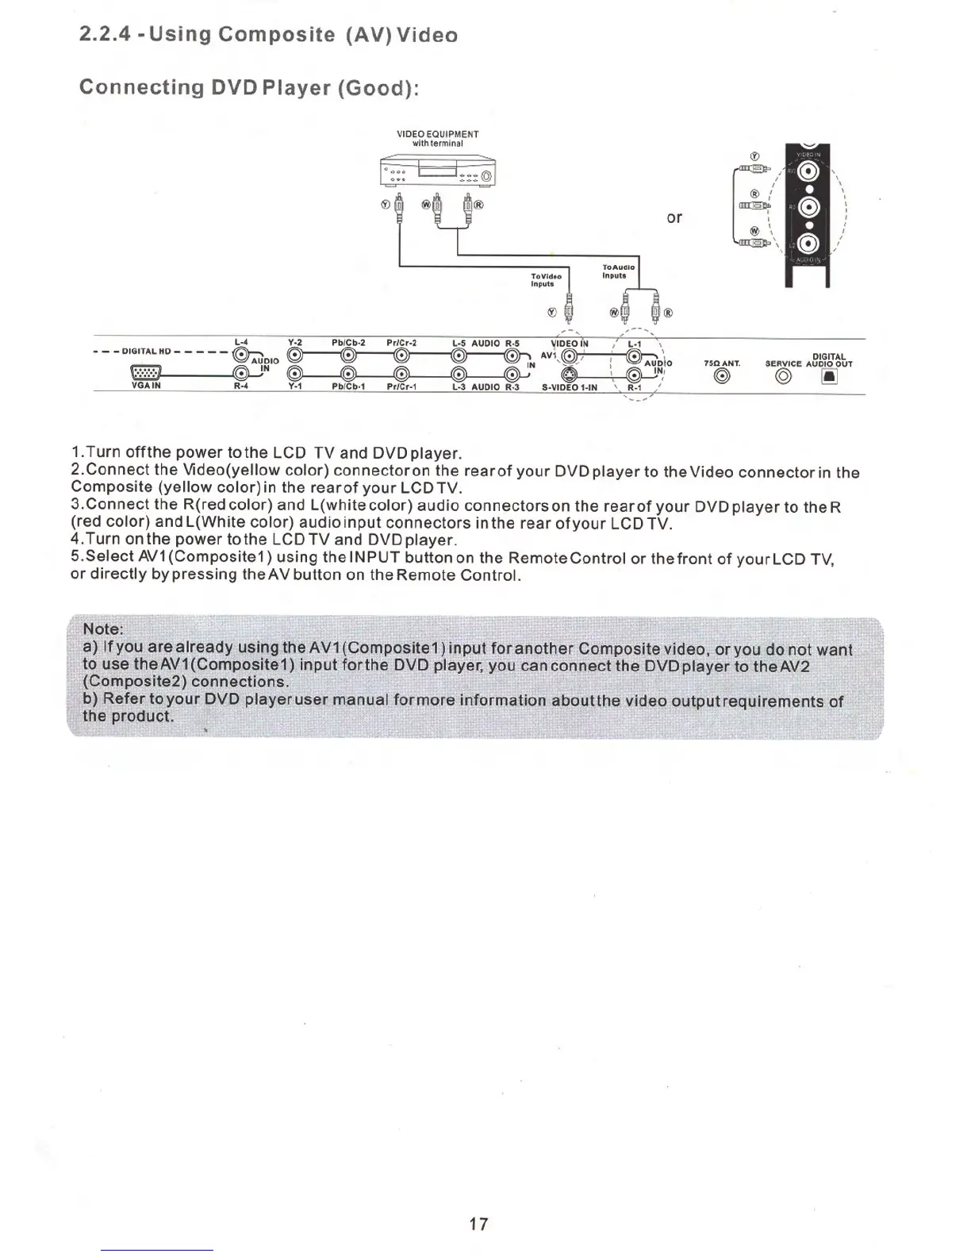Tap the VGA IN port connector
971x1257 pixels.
pos(147,373)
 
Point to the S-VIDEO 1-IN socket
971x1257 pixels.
pos(569,375)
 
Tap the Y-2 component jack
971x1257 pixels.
pos(294,355)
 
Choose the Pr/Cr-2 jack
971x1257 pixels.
pos(401,355)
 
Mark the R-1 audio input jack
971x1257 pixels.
pos(633,375)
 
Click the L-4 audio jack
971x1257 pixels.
pos(241,355)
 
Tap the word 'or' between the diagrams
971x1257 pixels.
pos(674,217)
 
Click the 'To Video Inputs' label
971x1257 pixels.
pos(546,280)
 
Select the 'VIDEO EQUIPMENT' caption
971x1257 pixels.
pos(437,134)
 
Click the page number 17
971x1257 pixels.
pos(478,1224)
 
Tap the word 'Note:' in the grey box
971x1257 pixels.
pos(103,629)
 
